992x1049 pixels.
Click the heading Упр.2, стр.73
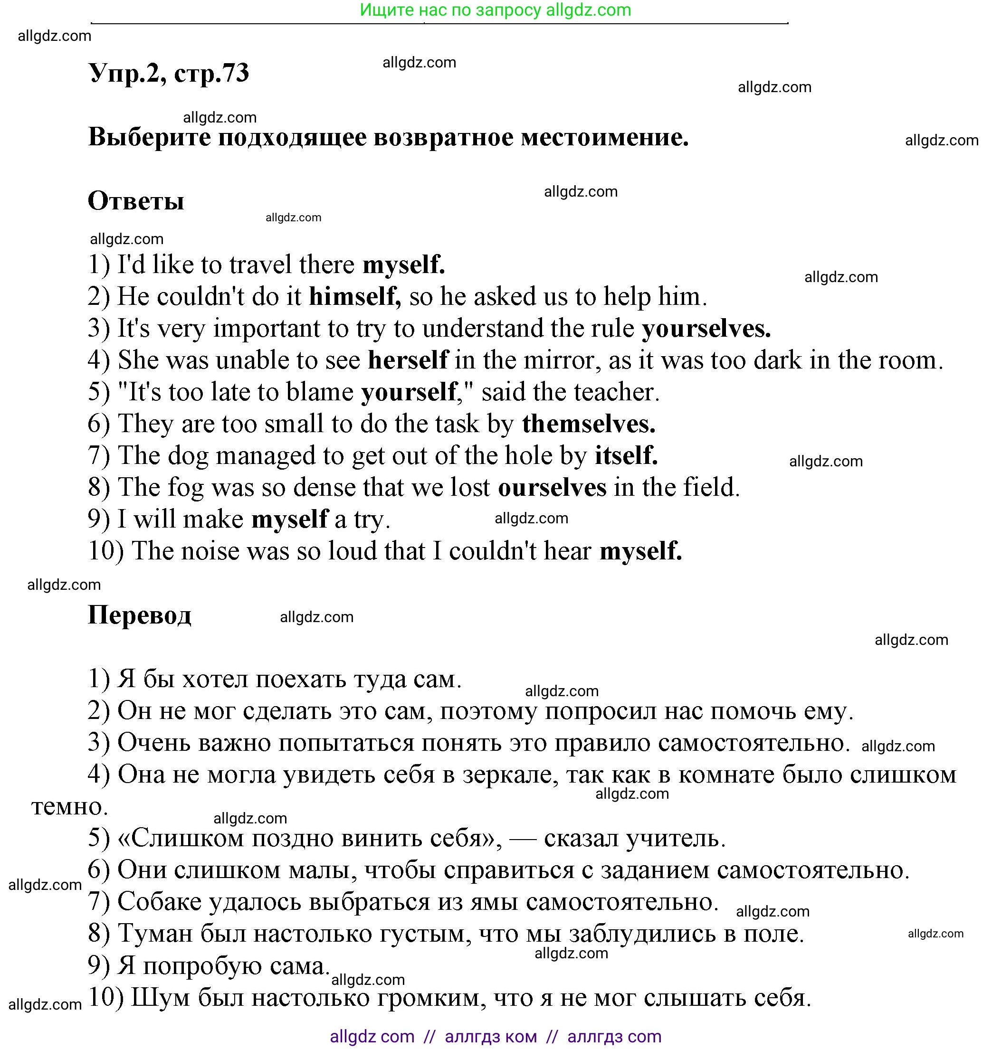[168, 73]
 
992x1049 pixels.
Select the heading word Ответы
[136, 201]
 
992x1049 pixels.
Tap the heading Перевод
[139, 614]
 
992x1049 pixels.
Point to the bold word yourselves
[706, 329]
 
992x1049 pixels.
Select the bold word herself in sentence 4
[408, 360]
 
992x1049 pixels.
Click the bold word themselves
[588, 424]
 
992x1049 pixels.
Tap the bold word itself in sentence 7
[626, 455]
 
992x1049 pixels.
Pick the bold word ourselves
[552, 487]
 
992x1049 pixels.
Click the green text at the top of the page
[495, 10]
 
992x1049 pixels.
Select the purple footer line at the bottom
[495, 1036]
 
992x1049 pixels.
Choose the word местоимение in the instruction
[604, 137]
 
